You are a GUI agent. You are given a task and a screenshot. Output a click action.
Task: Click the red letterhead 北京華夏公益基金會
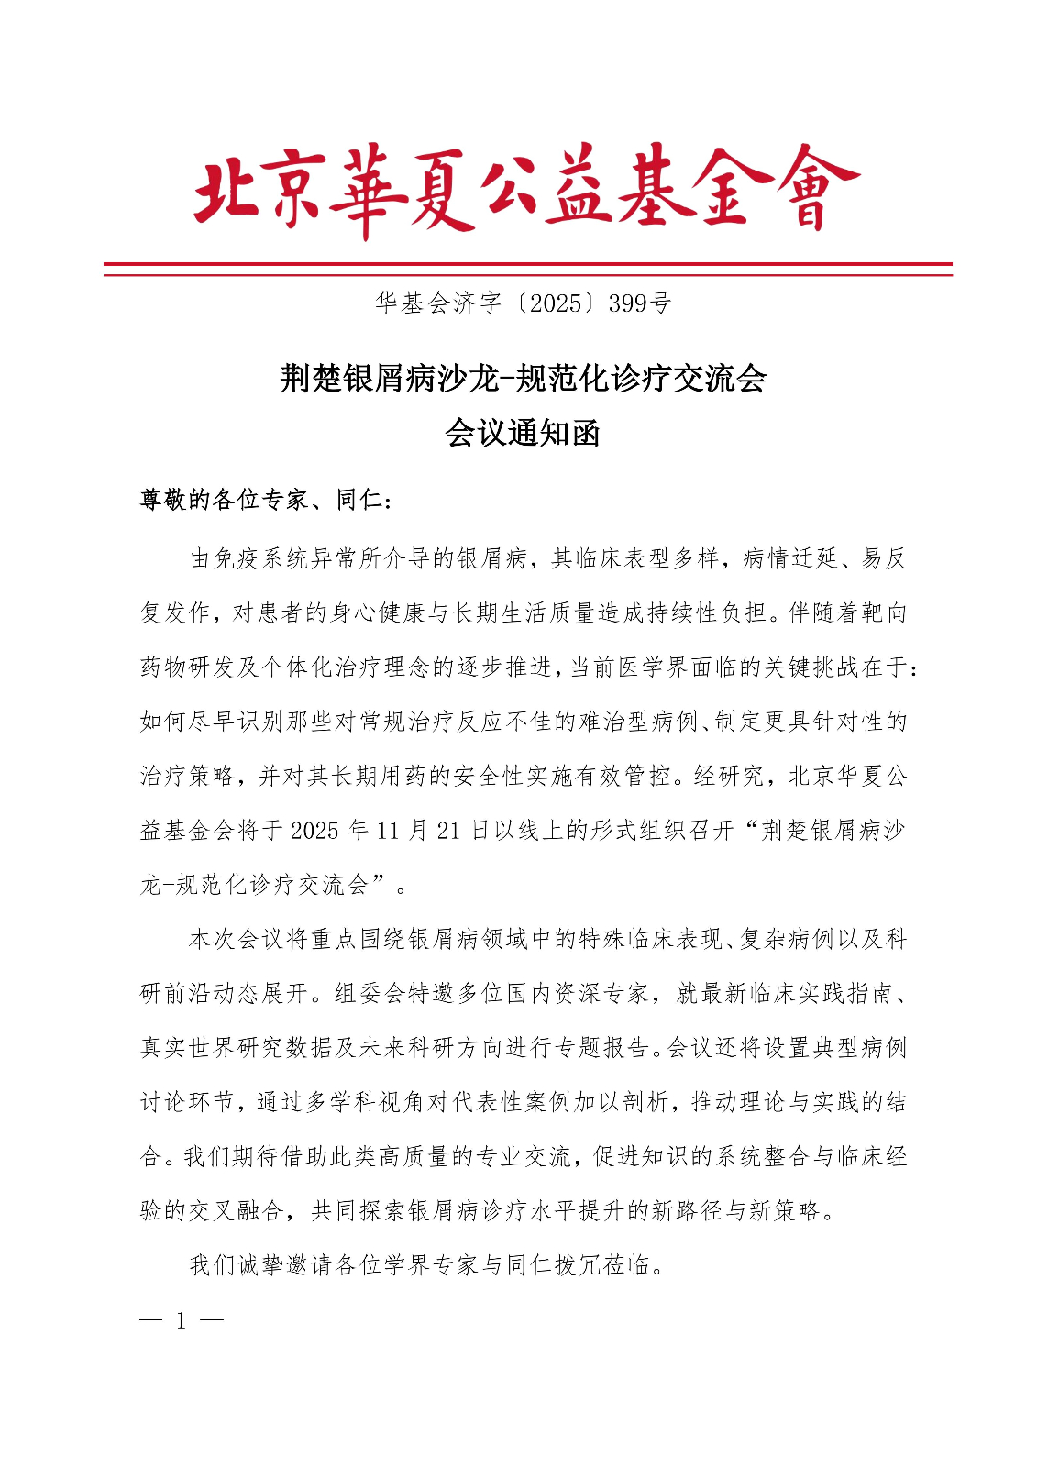[x=525, y=190]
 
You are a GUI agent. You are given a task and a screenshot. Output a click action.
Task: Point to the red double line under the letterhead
[x=527, y=269]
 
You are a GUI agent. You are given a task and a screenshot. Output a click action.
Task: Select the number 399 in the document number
[x=627, y=303]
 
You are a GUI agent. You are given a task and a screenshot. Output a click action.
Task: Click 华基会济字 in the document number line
[x=437, y=303]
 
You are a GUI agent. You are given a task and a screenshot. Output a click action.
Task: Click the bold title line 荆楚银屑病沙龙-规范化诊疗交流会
[x=523, y=378]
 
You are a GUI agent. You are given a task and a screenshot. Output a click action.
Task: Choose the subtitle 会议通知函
[x=523, y=433]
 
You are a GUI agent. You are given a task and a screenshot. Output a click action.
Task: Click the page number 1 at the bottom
[x=182, y=1320]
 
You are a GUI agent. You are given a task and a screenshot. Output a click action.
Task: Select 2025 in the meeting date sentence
[x=314, y=831]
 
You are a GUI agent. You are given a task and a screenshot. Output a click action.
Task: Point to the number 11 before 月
[x=388, y=831]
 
